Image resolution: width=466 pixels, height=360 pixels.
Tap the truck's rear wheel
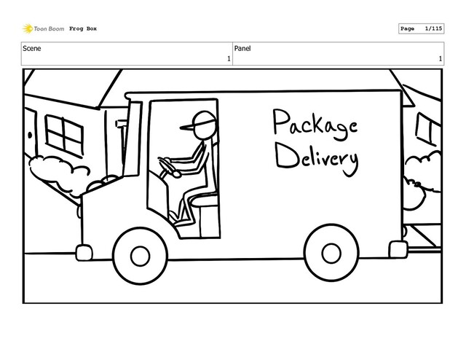coord(331,254)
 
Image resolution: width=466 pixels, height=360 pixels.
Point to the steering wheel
coord(167,168)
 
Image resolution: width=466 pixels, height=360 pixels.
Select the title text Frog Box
coord(83,29)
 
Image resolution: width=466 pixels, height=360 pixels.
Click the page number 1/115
coord(431,28)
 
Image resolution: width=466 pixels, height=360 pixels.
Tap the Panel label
coord(243,48)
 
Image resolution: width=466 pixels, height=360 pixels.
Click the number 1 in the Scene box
coord(228,58)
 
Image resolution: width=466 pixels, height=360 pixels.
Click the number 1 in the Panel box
coord(440,58)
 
